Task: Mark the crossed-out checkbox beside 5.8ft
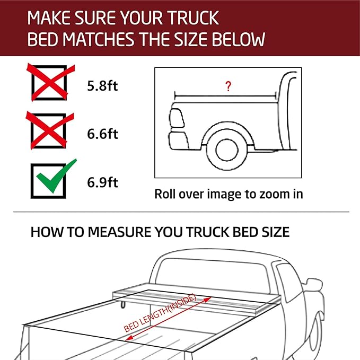(x=49, y=82)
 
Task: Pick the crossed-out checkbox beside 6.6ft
(x=49, y=131)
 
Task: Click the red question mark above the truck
(x=228, y=87)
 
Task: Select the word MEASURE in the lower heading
(x=128, y=232)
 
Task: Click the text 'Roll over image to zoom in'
(x=229, y=194)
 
